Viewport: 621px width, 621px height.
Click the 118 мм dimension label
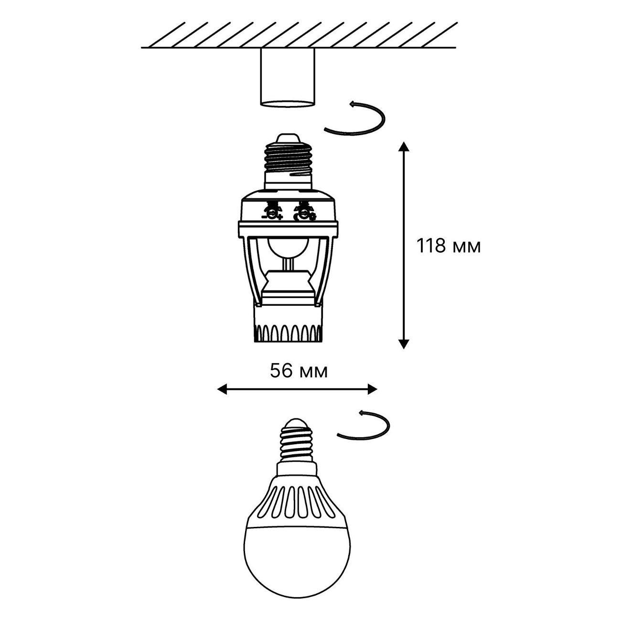coord(449,246)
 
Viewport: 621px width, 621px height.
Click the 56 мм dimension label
coord(299,371)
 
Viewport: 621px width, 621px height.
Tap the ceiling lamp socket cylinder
coord(287,77)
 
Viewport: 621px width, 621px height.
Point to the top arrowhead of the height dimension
coord(404,146)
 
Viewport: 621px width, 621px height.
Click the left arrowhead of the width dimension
coord(222,389)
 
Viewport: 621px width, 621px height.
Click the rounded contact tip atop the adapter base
coord(288,139)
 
